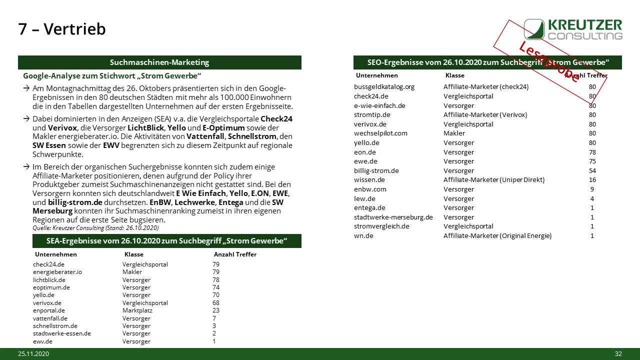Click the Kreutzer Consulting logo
click(573, 29)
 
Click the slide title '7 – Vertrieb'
click(62, 29)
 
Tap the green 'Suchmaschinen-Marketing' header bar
click(159, 62)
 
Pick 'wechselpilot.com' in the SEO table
click(380, 133)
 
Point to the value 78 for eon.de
click(592, 152)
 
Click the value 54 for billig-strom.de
click(592, 170)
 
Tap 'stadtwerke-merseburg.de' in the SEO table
click(393, 217)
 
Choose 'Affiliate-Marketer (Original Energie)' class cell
click(497, 235)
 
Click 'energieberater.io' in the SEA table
click(57, 272)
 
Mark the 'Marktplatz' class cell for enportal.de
click(137, 310)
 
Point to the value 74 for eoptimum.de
click(216, 287)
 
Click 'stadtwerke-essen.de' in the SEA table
click(62, 333)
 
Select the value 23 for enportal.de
click(216, 310)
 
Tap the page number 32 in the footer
click(618, 354)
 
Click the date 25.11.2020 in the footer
click(33, 354)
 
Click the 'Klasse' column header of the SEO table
click(454, 75)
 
